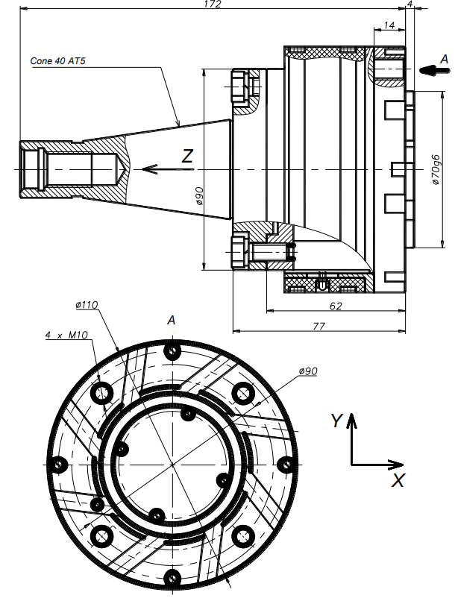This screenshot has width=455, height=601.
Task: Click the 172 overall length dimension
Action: tap(213, 4)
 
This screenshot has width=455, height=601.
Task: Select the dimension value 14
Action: tap(389, 25)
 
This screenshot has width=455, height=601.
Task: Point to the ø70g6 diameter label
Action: tap(436, 171)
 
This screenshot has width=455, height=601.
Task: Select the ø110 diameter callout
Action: tap(87, 305)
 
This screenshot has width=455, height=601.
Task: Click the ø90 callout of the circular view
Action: tap(308, 371)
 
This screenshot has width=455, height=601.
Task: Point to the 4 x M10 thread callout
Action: tap(67, 336)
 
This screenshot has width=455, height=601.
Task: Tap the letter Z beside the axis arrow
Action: tap(188, 156)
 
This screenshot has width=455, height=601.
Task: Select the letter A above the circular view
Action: tap(172, 320)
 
